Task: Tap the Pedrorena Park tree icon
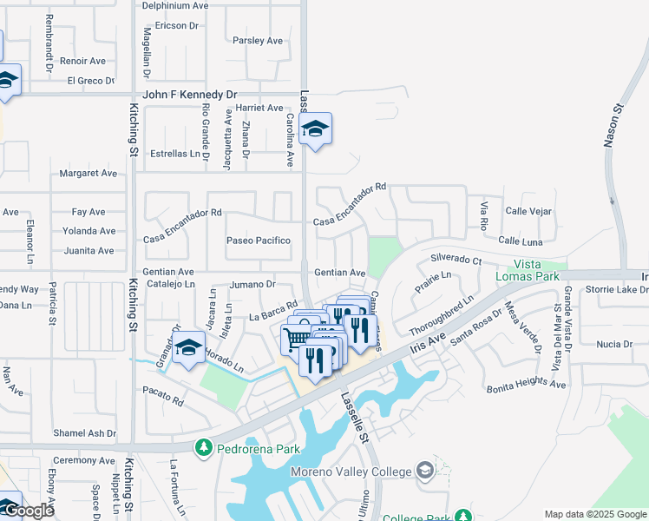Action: tap(203, 448)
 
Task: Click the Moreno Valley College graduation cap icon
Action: tap(425, 471)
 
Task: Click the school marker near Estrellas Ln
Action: tap(314, 130)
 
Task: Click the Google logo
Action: tap(28, 511)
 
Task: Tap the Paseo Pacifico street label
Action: tap(258, 241)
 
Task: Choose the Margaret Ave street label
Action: tap(88, 174)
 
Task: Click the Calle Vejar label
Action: tap(530, 212)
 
